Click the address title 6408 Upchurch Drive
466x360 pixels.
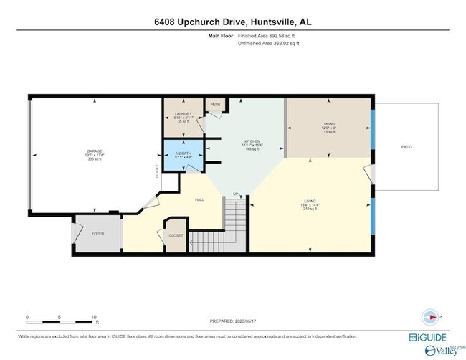[232, 22]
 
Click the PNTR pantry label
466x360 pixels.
[215, 105]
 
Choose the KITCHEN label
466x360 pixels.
[252, 141]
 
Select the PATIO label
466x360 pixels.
[406, 147]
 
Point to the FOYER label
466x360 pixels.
[98, 232]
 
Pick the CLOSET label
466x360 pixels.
[176, 235]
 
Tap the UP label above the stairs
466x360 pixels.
[235, 194]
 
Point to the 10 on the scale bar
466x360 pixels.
[93, 316]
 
